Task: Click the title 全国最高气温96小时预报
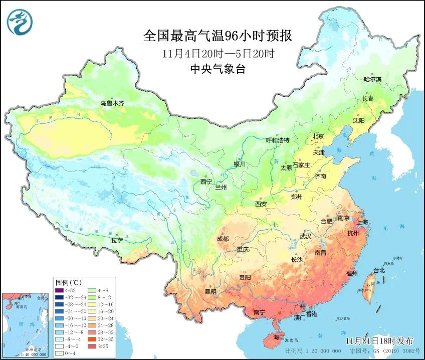pos(218,36)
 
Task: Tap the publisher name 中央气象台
pos(218,69)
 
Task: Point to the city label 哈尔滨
pos(372,79)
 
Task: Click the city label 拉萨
pos(117,241)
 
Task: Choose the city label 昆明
pos(210,291)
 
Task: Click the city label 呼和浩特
pos(277,140)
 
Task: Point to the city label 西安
pos(261,204)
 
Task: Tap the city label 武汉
pos(305,236)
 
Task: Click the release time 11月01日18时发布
pos(379,341)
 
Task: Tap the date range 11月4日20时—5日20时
pos(218,53)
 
